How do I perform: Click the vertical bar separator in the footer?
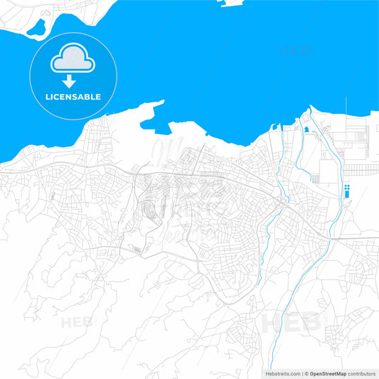[301, 373]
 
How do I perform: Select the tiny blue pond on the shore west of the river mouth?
[274, 126]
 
